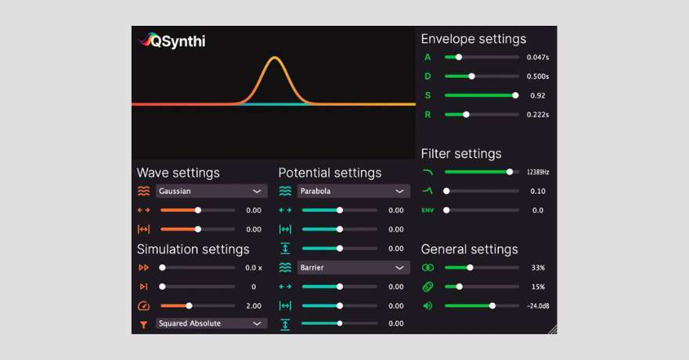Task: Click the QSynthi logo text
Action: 178,41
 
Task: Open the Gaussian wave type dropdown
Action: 211,191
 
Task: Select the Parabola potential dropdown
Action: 353,191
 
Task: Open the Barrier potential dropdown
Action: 353,268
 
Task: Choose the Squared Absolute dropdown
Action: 211,323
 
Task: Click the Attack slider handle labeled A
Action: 459,57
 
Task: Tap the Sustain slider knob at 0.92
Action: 515,95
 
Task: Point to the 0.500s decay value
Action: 538,77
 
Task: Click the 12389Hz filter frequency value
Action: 538,172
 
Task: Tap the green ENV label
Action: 427,211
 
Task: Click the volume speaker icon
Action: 427,306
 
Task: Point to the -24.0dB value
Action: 538,306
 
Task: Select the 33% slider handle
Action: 470,268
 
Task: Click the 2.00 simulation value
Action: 254,306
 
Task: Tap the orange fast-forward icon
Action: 144,268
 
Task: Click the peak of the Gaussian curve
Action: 274,57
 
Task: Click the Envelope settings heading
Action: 473,39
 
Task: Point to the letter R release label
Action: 427,114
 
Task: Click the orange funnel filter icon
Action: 144,325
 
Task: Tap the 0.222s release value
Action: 538,114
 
